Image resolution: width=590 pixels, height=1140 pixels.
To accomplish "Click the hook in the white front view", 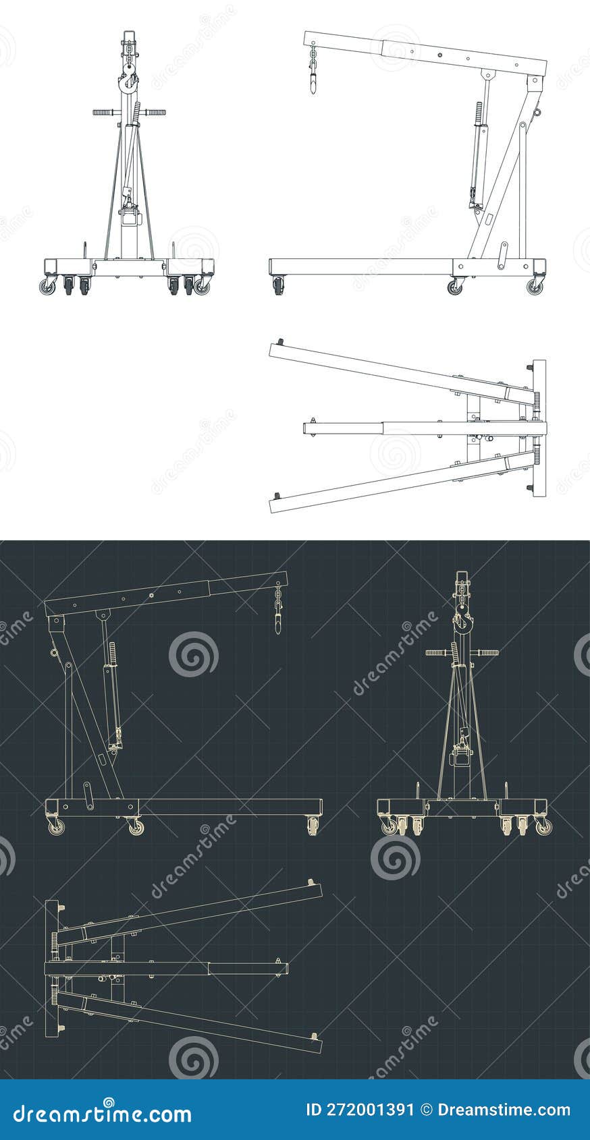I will point(128,82).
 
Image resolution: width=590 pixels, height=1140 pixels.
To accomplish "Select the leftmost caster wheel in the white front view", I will point(47,287).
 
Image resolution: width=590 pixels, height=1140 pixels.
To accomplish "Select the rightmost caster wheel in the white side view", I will point(535,287).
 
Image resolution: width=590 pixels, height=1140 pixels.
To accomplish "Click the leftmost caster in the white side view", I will point(279,288).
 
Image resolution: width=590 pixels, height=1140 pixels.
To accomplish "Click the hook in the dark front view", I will point(461,622).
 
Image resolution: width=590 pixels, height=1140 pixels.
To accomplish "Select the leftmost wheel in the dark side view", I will point(55,827).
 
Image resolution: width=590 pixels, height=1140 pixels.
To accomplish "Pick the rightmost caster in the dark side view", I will point(312,826).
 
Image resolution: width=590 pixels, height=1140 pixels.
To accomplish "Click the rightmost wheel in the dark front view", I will point(543,827).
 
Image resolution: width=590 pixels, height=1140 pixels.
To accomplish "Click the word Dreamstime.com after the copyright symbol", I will point(504,1110).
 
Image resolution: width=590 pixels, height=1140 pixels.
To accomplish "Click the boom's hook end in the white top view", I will point(309,428).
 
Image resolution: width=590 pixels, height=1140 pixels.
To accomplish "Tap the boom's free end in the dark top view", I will point(282,969).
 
